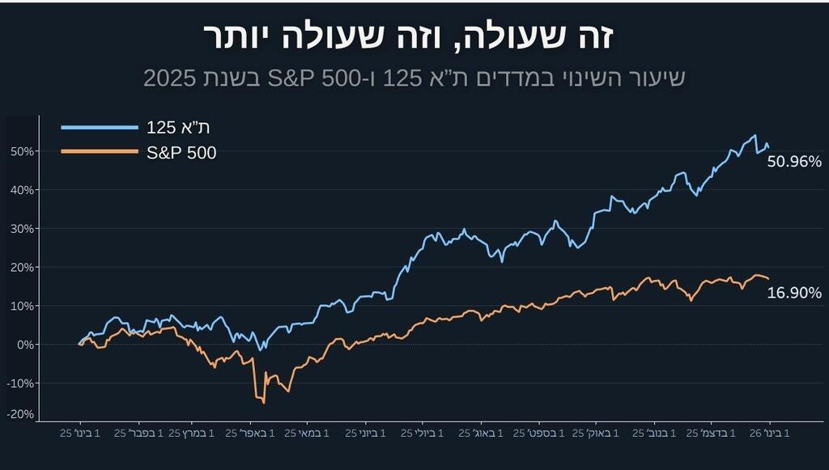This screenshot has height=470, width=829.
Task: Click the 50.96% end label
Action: coord(794,162)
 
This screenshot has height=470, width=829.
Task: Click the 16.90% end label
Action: coord(794,293)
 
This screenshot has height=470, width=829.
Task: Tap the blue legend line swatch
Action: coord(100,128)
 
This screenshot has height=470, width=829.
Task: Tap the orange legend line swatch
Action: coord(100,151)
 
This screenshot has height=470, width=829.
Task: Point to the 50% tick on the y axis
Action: coord(22,151)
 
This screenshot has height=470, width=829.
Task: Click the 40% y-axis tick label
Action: coord(22,190)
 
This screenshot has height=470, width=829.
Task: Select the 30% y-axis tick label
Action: coord(22,229)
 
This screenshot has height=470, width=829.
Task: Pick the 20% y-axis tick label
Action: coord(22,267)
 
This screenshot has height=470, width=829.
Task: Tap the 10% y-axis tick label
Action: coord(22,306)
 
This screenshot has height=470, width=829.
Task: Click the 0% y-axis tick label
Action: coord(24,345)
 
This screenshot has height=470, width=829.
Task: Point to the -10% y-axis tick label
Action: coord(20,383)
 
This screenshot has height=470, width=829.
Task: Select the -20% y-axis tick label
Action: coord(20,414)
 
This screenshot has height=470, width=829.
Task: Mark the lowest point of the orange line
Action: coord(263,402)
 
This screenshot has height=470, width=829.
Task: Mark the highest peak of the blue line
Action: coord(755,135)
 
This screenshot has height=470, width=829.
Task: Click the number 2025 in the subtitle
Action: coord(170,78)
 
